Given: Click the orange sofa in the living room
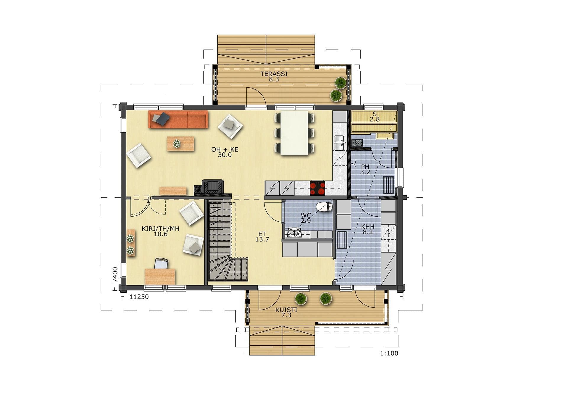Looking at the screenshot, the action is coord(178,119).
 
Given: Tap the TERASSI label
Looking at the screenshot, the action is coord(274,74).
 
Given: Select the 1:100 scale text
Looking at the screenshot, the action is coord(389,353).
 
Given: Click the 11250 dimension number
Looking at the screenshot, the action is coord(139,297).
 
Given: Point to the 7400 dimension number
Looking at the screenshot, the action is coord(115,275).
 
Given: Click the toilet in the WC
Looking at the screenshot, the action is coord(324,207).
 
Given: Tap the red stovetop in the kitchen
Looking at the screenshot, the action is coord(317,188).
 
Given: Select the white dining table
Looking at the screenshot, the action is coord(294,133).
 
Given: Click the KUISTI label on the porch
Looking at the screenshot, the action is coord(286,310).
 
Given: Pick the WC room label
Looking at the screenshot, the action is coord(306,215).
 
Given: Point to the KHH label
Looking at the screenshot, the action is coord(368,227).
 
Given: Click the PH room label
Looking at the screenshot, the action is coord(365,167).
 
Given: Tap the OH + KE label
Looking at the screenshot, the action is coord(225,149).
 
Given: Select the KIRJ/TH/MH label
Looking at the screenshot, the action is coord(161,229).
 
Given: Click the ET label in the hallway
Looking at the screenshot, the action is coord(262,234).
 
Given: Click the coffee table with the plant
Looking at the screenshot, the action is coord(180,144).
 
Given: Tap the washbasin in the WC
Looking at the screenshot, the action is coord(294,233).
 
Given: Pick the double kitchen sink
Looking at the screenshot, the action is coord(339,143).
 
